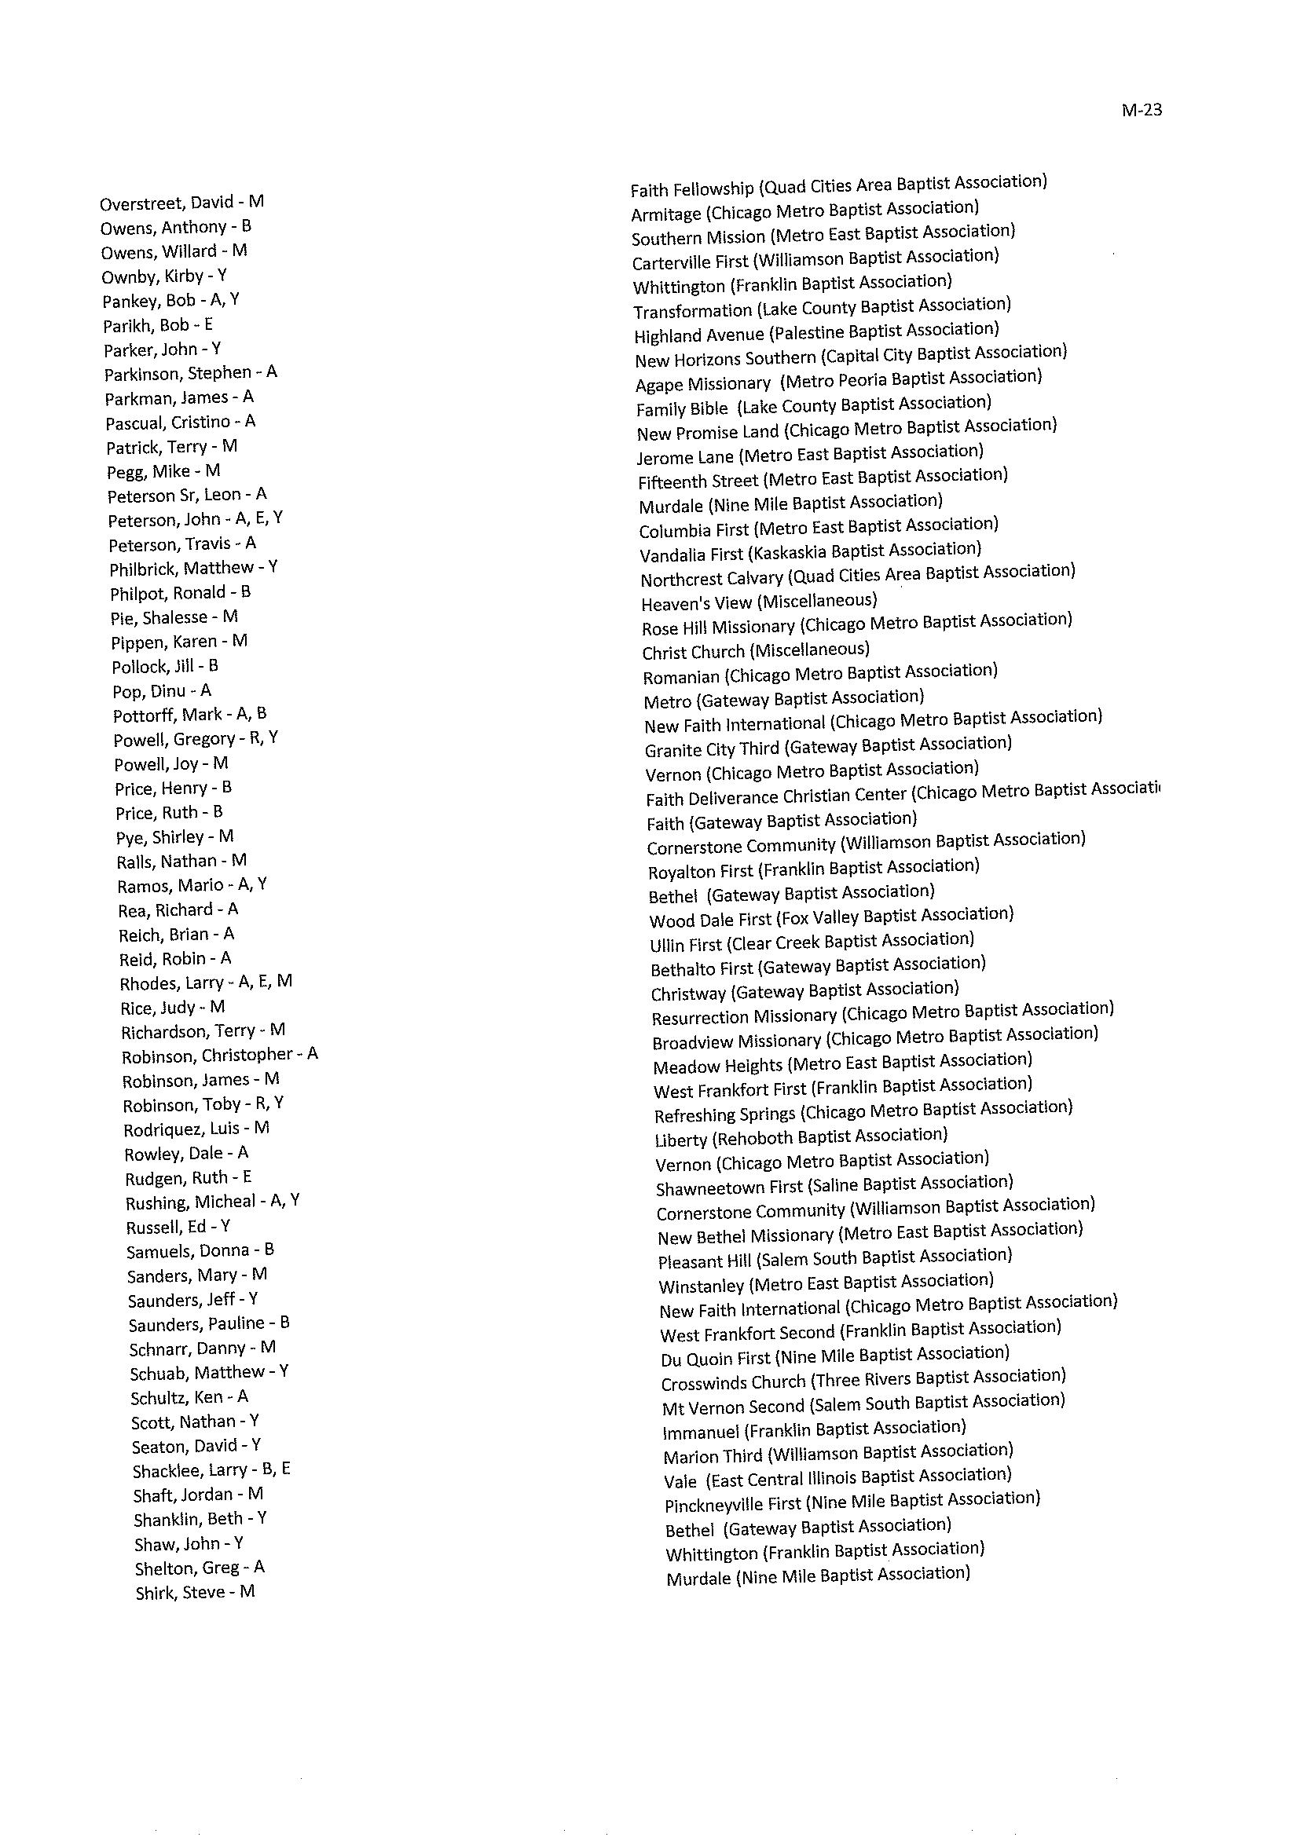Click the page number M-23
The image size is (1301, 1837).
[x=1142, y=111]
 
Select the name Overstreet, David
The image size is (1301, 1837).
[x=181, y=203]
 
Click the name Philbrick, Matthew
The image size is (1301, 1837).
[x=194, y=568]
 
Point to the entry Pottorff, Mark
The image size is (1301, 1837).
[x=190, y=714]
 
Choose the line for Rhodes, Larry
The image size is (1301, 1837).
[x=206, y=982]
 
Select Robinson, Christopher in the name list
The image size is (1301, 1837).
[x=219, y=1055]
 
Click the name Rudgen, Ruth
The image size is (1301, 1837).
[x=189, y=1177]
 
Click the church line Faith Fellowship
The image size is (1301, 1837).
[x=838, y=186]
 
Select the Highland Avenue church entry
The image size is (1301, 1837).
[x=816, y=332]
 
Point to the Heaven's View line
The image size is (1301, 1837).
[x=759, y=602]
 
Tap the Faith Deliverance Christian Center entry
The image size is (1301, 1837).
[x=903, y=794]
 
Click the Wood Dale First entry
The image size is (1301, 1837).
[x=830, y=917]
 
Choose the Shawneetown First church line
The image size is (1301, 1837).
[x=834, y=1185]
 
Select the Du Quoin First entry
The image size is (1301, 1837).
[x=835, y=1356]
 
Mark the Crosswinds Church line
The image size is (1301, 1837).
[x=863, y=1380]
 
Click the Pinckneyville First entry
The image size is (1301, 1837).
[x=852, y=1502]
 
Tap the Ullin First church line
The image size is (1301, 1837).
[x=812, y=942]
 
